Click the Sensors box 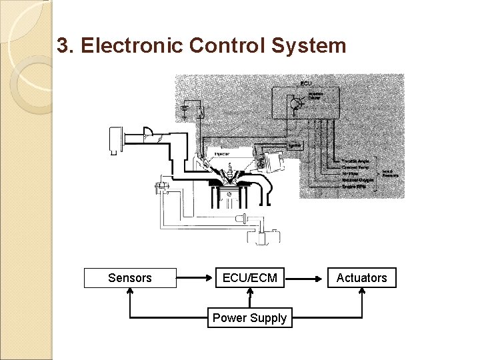tap(130, 278)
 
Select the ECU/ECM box tap(249, 278)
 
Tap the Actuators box tap(361, 278)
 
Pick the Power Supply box tap(249, 318)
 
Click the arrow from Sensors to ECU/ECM tap(195, 278)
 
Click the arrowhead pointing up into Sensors tap(130, 293)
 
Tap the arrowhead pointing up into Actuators tap(362, 293)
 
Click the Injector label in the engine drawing tap(222, 154)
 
